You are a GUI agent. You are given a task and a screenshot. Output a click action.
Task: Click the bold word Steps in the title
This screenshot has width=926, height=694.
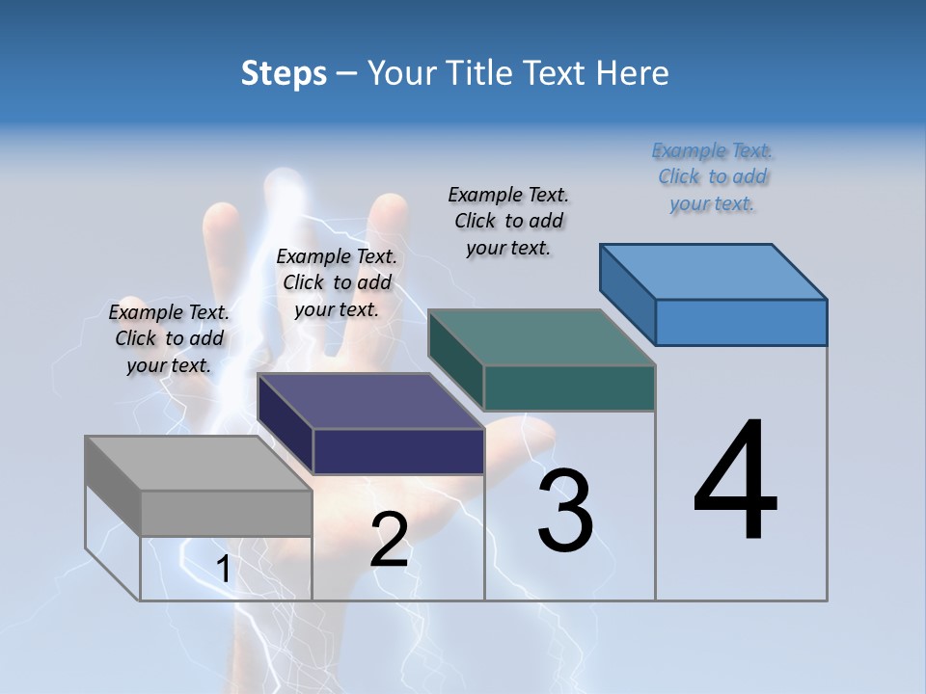(284, 73)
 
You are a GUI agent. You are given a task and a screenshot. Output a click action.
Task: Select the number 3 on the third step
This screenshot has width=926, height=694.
(565, 511)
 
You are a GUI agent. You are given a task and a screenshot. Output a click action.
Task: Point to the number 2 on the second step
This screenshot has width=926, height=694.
(389, 540)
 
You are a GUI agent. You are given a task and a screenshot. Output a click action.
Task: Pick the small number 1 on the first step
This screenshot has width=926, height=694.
(223, 570)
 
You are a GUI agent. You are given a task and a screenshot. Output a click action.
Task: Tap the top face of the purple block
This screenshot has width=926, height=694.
(370, 401)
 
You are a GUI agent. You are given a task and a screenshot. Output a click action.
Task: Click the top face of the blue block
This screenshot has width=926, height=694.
(714, 272)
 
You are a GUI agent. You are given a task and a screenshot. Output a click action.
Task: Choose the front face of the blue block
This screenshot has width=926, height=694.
(741, 322)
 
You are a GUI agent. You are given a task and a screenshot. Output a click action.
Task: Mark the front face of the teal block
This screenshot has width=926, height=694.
(569, 387)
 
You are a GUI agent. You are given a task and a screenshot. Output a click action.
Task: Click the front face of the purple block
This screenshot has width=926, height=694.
(398, 451)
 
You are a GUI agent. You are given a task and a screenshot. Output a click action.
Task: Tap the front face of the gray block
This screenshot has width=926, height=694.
(226, 513)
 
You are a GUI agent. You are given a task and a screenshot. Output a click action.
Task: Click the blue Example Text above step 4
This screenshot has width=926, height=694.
(713, 176)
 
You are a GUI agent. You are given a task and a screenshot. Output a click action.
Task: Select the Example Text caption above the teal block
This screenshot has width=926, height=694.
(508, 221)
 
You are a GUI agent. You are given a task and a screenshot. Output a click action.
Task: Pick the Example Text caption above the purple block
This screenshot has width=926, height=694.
(337, 282)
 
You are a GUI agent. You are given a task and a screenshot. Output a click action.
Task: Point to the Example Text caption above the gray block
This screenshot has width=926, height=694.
(169, 338)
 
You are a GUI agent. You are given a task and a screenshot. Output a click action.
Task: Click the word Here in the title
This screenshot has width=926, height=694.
(633, 73)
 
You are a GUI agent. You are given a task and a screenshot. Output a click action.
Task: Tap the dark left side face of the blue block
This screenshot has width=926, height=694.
(627, 292)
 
